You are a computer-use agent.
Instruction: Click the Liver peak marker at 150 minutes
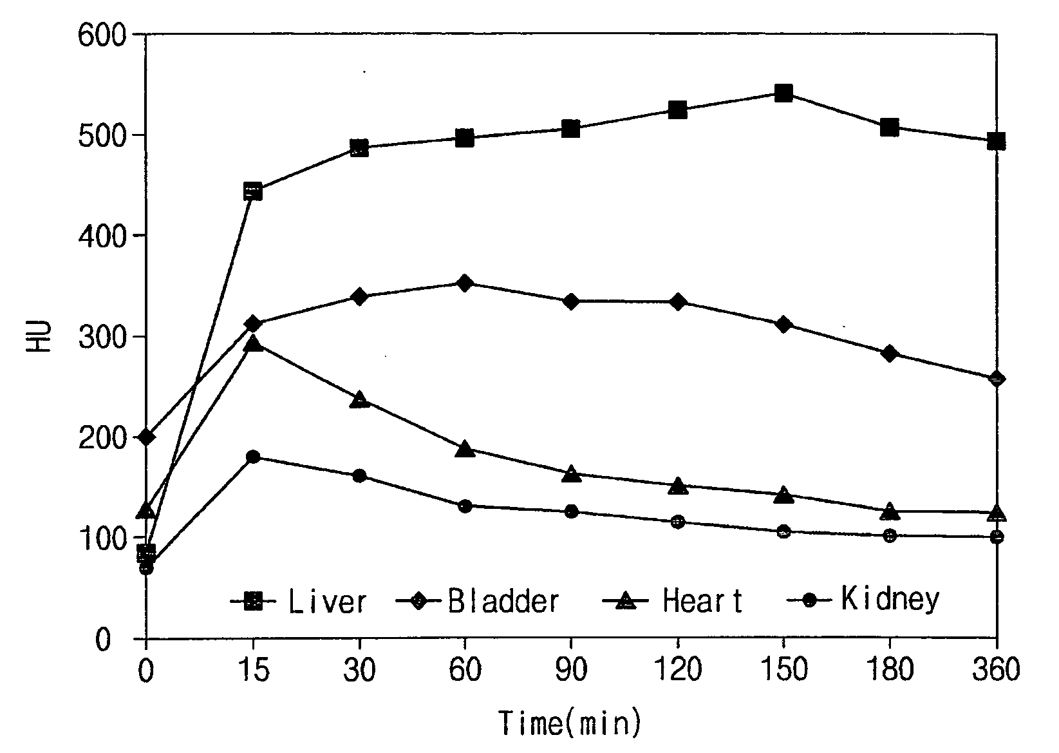point(783,93)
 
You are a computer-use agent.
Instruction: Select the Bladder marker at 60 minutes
point(465,283)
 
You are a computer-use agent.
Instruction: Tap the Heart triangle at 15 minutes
point(253,343)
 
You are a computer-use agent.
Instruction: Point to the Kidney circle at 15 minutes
point(253,457)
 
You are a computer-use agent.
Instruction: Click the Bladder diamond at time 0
point(147,437)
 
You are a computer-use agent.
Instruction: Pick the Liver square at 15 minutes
point(253,191)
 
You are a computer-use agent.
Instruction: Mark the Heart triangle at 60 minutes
point(465,448)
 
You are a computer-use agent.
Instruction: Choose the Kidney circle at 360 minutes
point(997,537)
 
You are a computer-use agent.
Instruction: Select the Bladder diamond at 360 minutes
point(997,379)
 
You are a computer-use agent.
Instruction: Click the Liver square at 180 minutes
point(890,128)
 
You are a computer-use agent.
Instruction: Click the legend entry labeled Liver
point(327,601)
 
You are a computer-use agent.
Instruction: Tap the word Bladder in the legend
point(503,601)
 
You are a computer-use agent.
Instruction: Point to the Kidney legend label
point(890,599)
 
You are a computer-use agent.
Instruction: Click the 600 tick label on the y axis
point(102,36)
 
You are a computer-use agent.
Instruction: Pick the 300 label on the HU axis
point(102,338)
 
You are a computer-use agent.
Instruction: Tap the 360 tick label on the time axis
point(996,670)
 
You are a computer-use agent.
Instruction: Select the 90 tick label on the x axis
point(571,670)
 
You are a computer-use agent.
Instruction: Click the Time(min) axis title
point(570,723)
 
